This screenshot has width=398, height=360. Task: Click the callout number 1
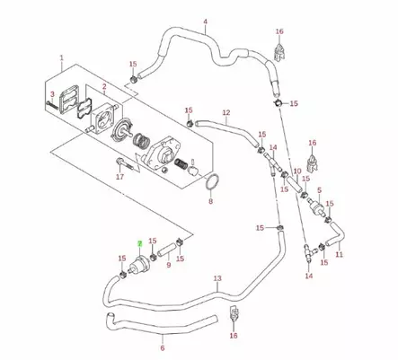click(61, 59)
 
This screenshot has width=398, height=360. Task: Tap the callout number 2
click(104, 86)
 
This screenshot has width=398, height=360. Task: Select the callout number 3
click(52, 94)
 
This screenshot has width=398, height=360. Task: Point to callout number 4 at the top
click(205, 21)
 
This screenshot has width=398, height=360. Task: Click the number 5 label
click(331, 192)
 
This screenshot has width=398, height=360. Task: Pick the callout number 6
click(162, 348)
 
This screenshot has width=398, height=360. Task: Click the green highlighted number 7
click(138, 243)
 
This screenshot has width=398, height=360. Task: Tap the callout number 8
click(211, 202)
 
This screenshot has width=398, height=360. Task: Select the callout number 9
click(167, 266)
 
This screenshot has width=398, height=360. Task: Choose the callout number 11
click(339, 255)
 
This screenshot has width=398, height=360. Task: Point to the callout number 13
click(217, 279)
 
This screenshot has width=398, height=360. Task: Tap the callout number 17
click(119, 178)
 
